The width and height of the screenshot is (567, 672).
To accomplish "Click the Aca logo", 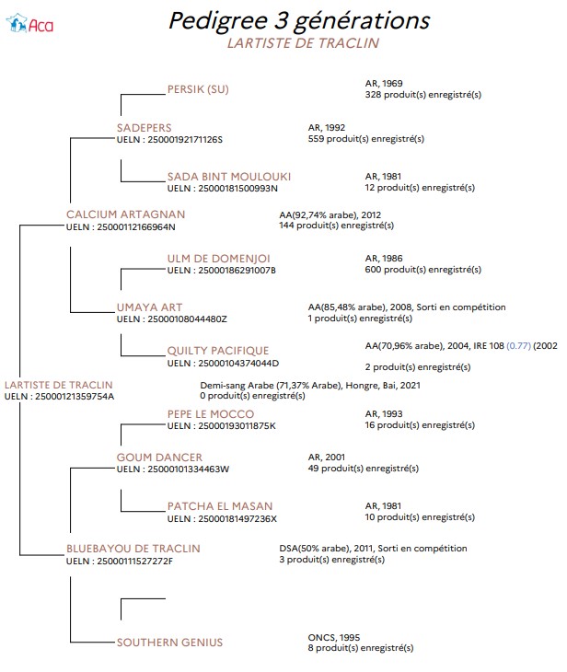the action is (29, 24).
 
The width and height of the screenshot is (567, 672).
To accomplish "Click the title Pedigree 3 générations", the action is (299, 20).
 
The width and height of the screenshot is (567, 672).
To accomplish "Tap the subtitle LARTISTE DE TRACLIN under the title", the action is (303, 43).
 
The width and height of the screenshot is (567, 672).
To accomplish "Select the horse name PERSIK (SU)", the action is (198, 89).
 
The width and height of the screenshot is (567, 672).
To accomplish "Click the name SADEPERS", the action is (144, 128).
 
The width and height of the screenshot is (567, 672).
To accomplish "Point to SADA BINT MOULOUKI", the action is (229, 177).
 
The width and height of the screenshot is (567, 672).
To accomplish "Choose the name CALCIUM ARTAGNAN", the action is (125, 214).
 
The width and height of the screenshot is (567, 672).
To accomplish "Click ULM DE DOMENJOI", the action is (218, 259).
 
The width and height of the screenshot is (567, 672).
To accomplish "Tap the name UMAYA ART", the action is (149, 307).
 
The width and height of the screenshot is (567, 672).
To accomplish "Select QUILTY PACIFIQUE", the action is (218, 351).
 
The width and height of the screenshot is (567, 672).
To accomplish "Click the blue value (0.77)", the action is (518, 346).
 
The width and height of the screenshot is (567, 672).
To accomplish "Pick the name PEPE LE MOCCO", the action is (211, 414).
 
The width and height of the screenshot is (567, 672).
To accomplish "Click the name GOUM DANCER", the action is (159, 458).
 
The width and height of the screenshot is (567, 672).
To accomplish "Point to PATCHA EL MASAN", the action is (220, 506).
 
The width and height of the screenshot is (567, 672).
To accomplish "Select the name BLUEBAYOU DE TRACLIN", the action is (133, 549).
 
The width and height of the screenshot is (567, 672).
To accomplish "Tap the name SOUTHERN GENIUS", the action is (169, 643).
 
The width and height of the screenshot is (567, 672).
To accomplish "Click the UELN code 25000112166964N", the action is (136, 227).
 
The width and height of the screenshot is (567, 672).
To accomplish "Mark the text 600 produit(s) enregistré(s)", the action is (423, 270).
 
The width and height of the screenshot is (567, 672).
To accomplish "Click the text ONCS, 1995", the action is (334, 637).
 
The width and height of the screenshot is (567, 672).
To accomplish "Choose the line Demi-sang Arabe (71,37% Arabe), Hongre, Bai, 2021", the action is (310, 386).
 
